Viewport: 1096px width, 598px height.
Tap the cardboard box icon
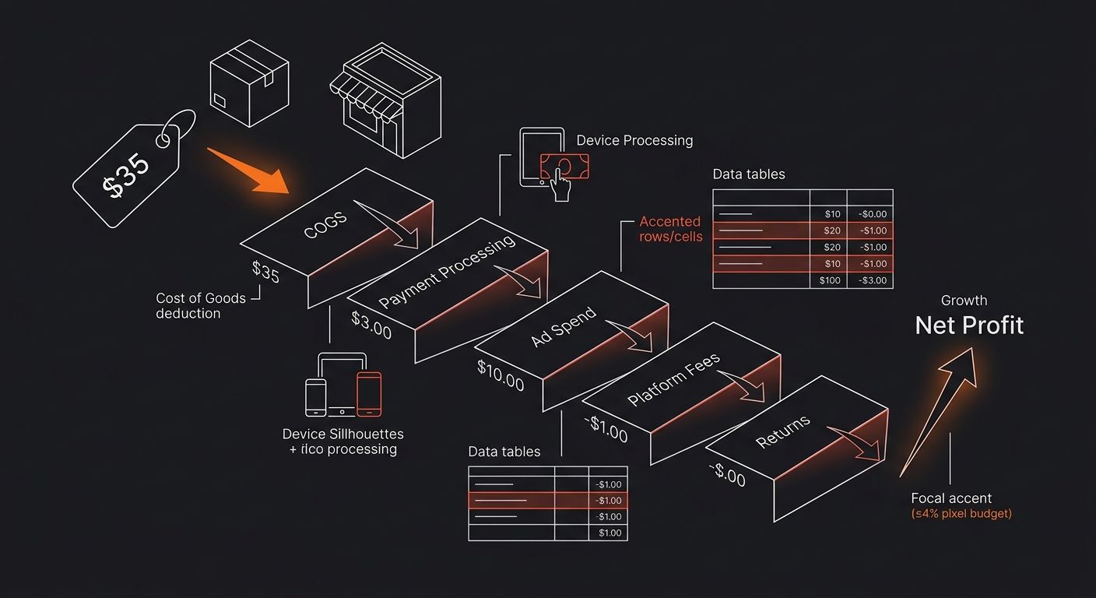click(x=249, y=85)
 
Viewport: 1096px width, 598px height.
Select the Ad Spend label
click(x=564, y=327)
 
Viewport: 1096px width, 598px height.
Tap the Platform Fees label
click(x=673, y=380)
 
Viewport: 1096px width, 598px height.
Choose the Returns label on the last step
click(x=782, y=431)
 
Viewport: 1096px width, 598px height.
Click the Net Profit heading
click(x=969, y=325)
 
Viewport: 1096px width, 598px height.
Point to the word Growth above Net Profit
click(x=964, y=301)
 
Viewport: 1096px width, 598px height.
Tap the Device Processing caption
click(x=634, y=141)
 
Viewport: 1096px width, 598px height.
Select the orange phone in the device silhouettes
click(x=369, y=393)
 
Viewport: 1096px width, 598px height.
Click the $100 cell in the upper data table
click(x=830, y=280)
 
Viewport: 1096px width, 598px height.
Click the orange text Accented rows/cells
click(x=670, y=229)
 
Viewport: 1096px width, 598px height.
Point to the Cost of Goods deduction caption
click(x=200, y=305)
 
